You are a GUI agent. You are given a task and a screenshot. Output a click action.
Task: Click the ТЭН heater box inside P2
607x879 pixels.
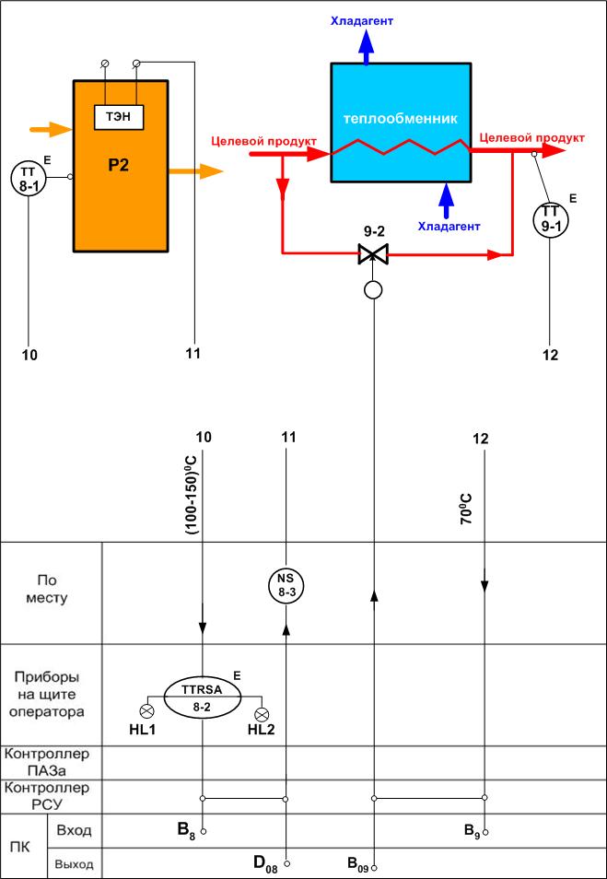pos(120,119)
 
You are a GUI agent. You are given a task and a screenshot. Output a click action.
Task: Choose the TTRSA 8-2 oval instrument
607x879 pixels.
pos(203,696)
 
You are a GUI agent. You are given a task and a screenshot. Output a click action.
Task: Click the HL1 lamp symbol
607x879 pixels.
pos(146,712)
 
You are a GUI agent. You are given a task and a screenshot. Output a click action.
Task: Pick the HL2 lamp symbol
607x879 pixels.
pos(262,713)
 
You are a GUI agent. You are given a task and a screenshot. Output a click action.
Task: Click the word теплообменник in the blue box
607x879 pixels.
pos(400,119)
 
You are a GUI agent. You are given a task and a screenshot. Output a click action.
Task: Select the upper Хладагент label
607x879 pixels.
pos(367,18)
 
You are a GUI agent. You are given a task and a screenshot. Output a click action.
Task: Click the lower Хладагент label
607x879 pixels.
pos(449,225)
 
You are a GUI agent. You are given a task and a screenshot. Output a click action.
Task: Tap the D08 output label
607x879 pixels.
pos(266,863)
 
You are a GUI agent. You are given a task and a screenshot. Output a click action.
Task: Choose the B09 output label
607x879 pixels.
pos(357,864)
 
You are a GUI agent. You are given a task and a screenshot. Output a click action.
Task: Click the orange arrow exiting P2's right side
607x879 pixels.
pos(196,171)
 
